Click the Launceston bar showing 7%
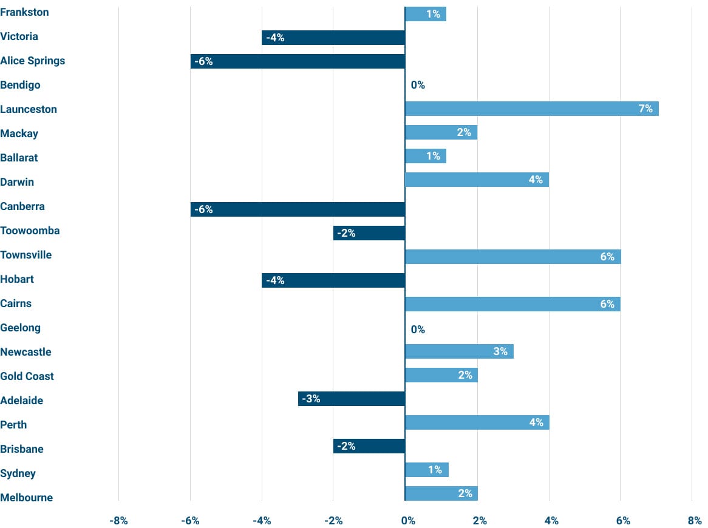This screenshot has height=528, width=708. coord(531,109)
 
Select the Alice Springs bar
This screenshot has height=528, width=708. coord(298,61)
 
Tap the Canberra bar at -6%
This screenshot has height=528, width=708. coord(298,209)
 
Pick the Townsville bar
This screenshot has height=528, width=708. coord(512,257)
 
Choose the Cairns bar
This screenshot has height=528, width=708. coord(512,304)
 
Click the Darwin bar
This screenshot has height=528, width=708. coord(477,180)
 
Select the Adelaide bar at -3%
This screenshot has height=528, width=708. coord(352,399)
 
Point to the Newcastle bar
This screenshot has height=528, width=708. coord(459,351)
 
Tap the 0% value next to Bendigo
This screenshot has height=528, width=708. coord(418,85)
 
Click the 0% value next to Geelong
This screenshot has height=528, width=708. coord(418,330)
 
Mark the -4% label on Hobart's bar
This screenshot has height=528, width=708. coord(275,280)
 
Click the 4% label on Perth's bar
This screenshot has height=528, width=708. coord(536,422)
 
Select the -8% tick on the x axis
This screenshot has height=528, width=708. coord(118,521)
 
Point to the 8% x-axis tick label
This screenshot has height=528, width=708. coord(695,521)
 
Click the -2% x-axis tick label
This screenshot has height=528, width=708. coord(333,521)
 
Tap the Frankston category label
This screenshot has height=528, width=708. coord(24,12)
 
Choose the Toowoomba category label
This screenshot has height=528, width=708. coord(30,231)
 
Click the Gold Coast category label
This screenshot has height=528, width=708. coord(27,376)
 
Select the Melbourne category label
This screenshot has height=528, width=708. coord(26,498)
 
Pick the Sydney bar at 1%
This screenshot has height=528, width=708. coord(426,470)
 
